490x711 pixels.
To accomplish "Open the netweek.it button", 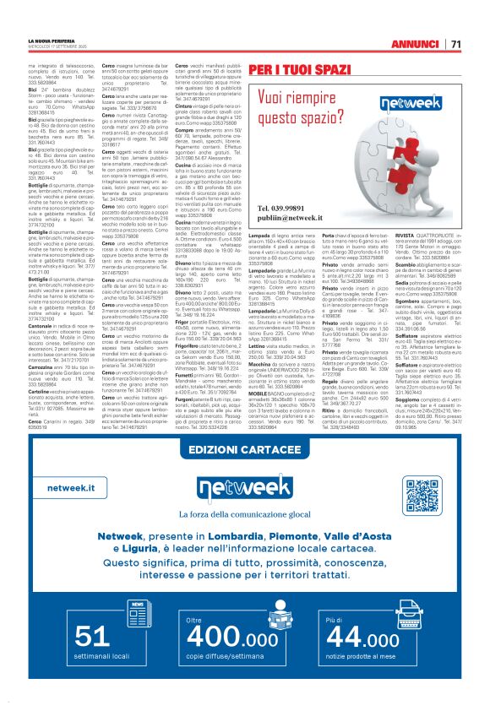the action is (x=71, y=488).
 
